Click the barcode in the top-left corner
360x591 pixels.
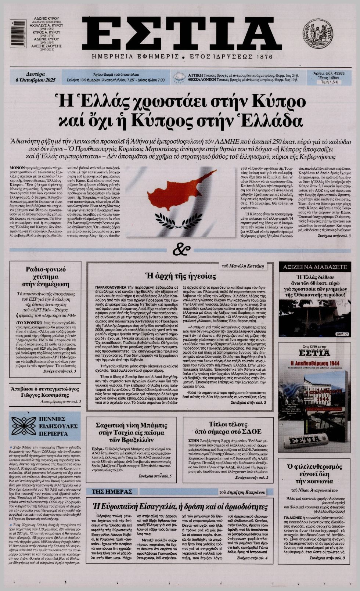[13, 33]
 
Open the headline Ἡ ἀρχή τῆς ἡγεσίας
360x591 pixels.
[180, 276]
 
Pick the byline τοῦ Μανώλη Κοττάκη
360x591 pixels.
[243, 266]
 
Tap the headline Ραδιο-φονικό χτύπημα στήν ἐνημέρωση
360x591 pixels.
[45, 276]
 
